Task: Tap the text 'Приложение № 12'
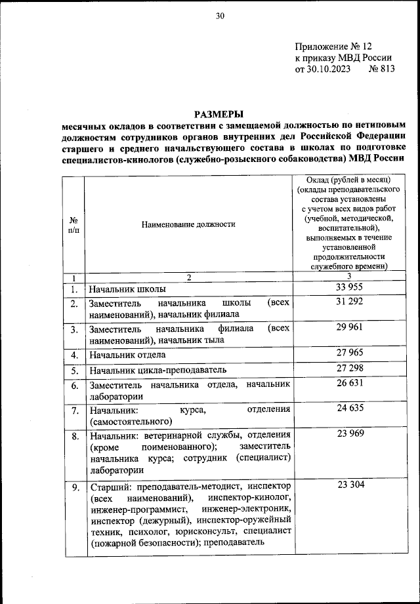coord(333,47)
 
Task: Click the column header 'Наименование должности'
coord(188,224)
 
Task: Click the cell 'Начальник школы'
coord(128,289)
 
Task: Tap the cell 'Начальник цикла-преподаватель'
coord(157,371)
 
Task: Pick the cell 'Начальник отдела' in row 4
coord(128,355)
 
